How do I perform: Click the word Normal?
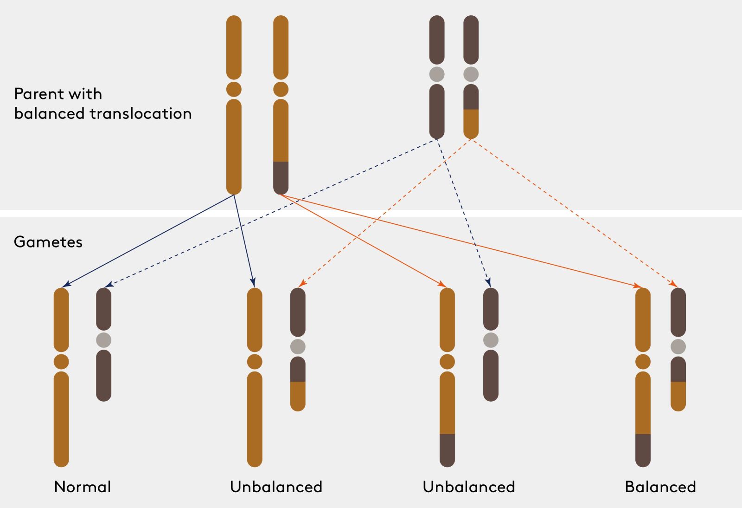[83, 487]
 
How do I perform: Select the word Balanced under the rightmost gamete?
[660, 487]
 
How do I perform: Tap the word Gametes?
[48, 242]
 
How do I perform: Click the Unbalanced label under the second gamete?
[276, 487]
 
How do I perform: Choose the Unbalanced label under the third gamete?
[469, 487]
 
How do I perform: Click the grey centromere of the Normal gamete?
[104, 340]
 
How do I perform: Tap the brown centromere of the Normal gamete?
[61, 361]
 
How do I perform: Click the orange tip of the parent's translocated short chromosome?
[471, 124]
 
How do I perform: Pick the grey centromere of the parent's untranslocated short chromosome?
[437, 74]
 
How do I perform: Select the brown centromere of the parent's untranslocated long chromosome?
[234, 89]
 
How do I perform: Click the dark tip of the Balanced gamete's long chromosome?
[643, 450]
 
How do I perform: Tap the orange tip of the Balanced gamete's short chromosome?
[678, 396]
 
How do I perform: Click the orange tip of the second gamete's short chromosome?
[298, 396]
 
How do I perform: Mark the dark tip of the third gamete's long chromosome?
[447, 450]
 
